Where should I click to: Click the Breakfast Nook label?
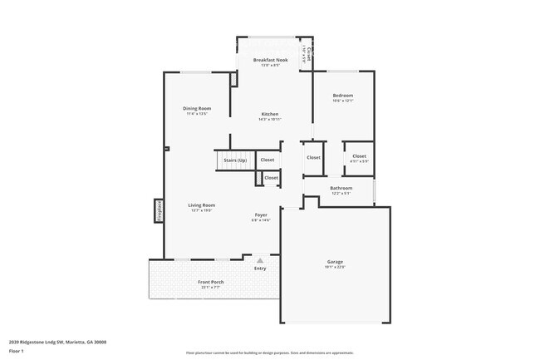coord(270,60)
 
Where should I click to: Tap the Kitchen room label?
coord(270,114)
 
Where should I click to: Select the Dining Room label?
coord(197,108)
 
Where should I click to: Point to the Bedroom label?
coord(343,96)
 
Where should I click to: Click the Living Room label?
coord(202,205)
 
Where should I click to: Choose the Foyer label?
coord(261,215)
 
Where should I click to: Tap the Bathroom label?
coord(341,188)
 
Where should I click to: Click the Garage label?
coord(334,262)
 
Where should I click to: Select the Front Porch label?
coord(210,282)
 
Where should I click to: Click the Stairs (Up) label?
coord(235,160)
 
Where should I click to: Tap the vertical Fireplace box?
coord(158,210)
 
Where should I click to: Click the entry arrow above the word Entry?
coord(260,260)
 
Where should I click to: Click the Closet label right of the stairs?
coord(268,160)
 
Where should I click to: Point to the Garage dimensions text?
coord(334,267)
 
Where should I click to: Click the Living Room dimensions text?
coord(202,210)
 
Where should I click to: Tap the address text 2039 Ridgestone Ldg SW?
coord(57,342)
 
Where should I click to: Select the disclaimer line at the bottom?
coord(270,353)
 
